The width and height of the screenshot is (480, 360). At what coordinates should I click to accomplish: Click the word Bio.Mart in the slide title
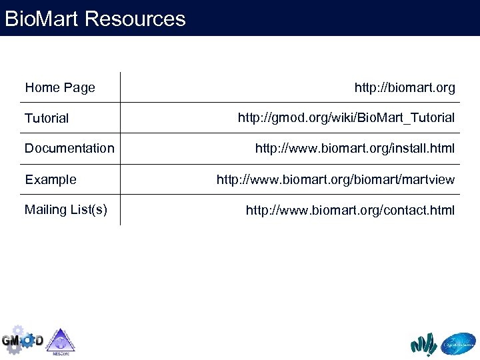coord(42,18)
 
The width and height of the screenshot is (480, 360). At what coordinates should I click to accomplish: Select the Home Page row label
coord(60,87)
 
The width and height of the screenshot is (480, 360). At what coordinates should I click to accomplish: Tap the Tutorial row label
coord(47,118)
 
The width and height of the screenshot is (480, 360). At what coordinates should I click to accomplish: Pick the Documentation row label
coord(69,148)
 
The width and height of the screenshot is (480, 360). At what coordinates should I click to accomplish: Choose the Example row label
coord(51,179)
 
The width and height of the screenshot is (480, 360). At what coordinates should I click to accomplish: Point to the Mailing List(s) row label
coord(66,209)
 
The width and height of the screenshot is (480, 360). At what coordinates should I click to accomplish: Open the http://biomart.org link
coord(405,87)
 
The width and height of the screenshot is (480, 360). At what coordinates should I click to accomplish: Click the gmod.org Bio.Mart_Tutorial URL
coord(346,118)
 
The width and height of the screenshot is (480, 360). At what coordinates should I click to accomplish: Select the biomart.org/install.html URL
coord(355,148)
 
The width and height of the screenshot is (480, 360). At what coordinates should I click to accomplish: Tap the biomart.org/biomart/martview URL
coord(335,179)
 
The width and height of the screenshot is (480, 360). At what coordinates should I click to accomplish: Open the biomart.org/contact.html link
coord(350,210)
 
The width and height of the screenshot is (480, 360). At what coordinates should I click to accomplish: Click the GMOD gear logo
coord(22,340)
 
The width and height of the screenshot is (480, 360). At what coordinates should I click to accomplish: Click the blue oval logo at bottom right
coord(459,343)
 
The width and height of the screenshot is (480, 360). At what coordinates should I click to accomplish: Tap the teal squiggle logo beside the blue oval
coord(424,344)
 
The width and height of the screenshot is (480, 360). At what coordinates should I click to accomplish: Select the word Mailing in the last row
coord(45,209)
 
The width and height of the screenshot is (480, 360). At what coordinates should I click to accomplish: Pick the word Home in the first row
coord(42,87)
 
